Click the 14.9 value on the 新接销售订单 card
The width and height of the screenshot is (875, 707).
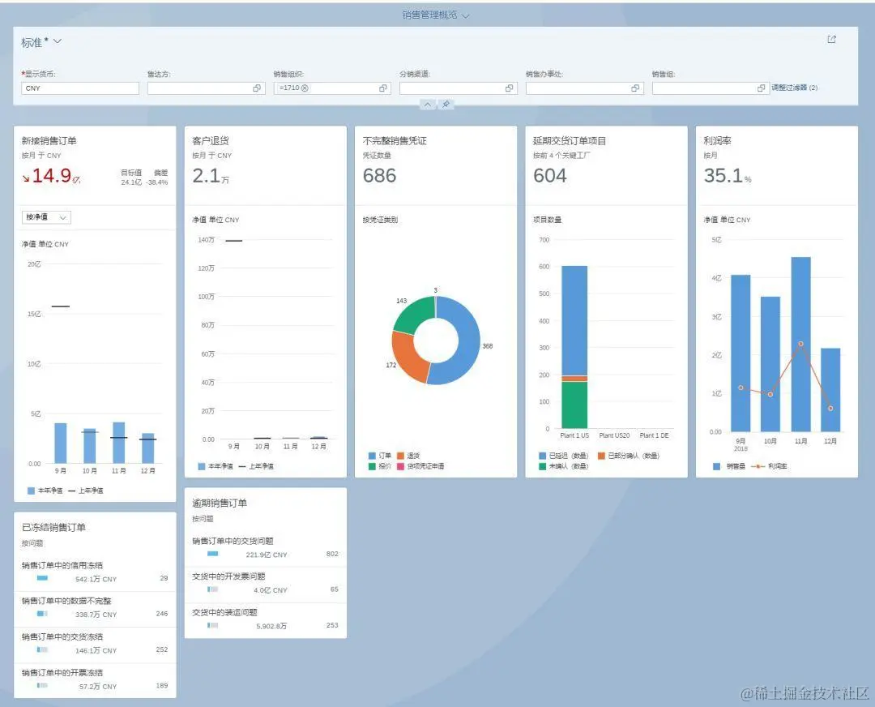click(x=52, y=176)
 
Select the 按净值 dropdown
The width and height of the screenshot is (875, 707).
click(x=47, y=217)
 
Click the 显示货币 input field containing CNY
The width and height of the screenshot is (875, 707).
click(x=79, y=88)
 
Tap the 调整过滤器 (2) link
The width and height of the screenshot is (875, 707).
click(x=794, y=88)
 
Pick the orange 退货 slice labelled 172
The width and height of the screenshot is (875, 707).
click(x=408, y=358)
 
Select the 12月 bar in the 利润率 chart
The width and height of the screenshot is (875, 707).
click(x=830, y=397)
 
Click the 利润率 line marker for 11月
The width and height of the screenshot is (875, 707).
click(x=800, y=344)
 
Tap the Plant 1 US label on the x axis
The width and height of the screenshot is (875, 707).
click(x=574, y=436)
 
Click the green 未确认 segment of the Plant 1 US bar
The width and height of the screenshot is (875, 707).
click(x=574, y=405)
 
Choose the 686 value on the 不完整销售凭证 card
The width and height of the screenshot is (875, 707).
click(x=379, y=176)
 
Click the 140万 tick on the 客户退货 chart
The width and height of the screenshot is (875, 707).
click(x=207, y=240)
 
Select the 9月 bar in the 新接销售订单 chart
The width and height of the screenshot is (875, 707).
click(x=61, y=443)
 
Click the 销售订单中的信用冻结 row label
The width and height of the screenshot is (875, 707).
click(x=62, y=566)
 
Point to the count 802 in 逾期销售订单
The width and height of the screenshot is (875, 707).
click(x=332, y=555)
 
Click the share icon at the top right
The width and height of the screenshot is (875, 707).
click(x=831, y=40)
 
